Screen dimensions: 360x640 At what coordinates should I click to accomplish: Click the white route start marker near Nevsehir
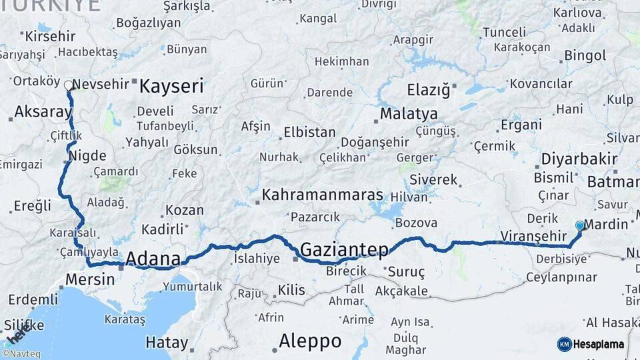tap(68, 85)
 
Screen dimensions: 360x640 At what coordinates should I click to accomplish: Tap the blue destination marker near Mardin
tap(580, 226)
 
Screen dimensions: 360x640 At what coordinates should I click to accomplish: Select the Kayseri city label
tap(171, 86)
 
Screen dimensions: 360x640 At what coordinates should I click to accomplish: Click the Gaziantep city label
tap(344, 250)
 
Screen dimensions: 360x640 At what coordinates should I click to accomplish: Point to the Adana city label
tap(153, 259)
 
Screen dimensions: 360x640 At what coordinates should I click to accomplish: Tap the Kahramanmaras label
tap(323, 195)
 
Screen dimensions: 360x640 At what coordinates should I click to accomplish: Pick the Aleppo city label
tap(310, 341)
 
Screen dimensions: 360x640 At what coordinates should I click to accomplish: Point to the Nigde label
tap(88, 156)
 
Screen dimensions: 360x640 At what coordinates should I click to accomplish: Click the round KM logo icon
tap(564, 344)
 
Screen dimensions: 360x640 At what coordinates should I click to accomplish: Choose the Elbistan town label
tap(309, 132)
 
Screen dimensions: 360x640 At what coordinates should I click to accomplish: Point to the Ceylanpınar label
tap(561, 276)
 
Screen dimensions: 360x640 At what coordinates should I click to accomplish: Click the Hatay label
tap(167, 343)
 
